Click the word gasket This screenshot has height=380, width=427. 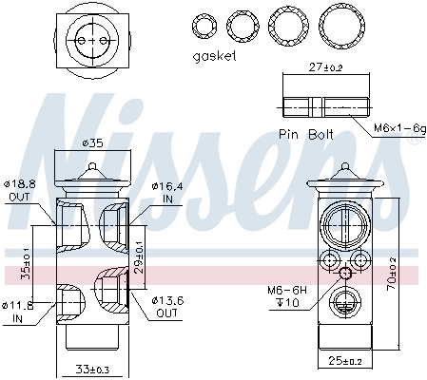214,56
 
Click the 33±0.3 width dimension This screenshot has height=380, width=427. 93,369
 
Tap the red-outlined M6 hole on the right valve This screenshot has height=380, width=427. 345,274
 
